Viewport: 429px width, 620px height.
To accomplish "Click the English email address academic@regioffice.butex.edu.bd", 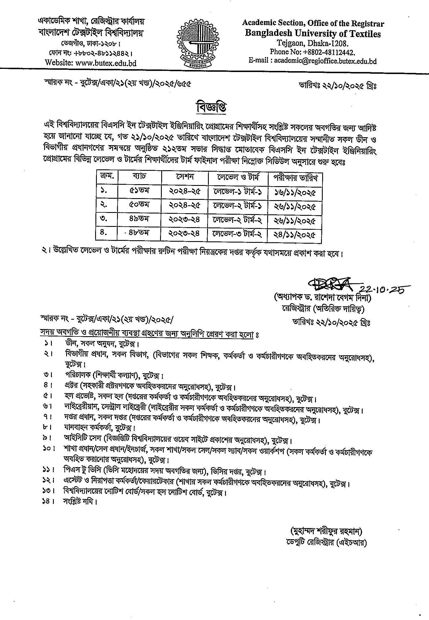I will pos(312,61).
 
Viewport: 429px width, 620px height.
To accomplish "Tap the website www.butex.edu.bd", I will pos(91,63).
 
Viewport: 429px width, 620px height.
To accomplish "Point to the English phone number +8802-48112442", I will pos(312,52).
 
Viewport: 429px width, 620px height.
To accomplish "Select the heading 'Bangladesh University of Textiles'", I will pos(312,34).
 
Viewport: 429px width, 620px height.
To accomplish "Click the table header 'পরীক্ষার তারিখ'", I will pos(295,178).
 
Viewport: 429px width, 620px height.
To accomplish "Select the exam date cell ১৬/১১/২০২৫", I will pos(295,192).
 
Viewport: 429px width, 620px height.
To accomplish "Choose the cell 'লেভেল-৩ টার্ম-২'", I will pos(238,234).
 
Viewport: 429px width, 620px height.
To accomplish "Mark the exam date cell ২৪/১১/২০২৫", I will pos(295,235).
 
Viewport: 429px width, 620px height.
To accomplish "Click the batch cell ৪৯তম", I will pos(139,219).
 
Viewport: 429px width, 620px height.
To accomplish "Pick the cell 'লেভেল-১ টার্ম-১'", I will pos(238,192).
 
